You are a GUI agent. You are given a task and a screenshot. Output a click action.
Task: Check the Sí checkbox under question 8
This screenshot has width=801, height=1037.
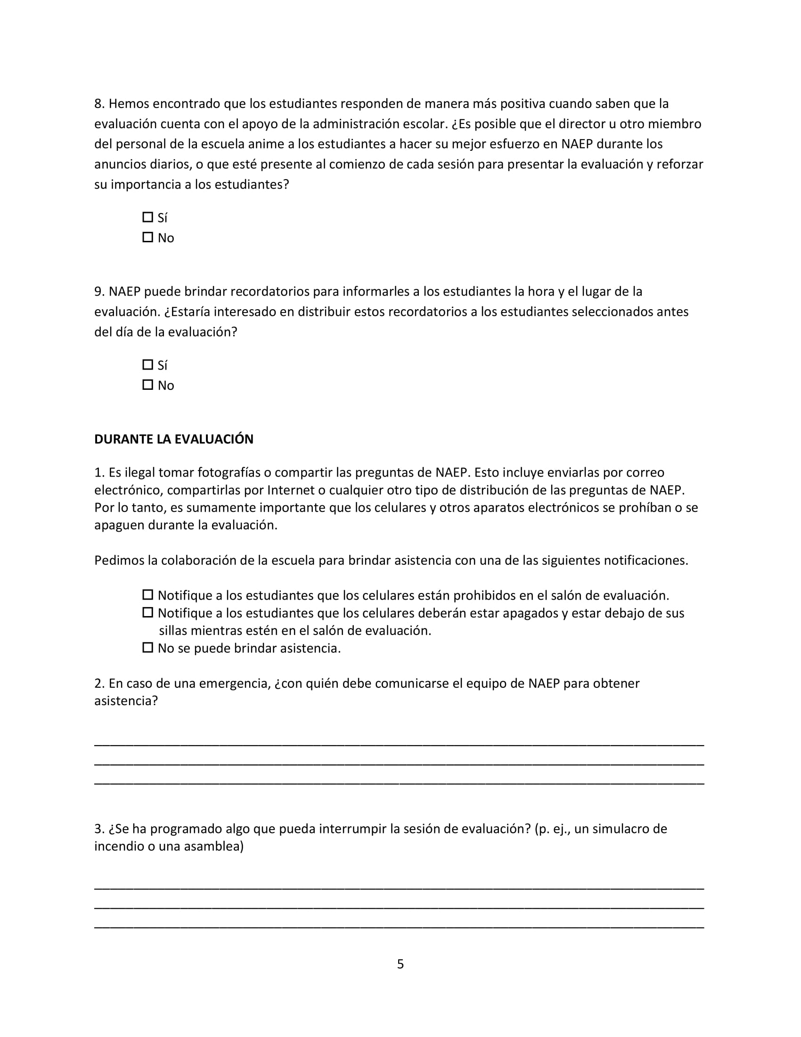pos(147,217)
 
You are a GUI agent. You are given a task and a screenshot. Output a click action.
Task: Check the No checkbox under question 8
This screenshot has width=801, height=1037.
pos(147,237)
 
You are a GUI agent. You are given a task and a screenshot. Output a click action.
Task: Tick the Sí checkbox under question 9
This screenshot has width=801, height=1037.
pos(147,365)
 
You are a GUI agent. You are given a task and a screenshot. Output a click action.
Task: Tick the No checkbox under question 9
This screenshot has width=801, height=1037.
pos(147,385)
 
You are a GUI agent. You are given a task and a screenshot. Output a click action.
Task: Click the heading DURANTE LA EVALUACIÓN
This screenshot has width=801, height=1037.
pos(174,439)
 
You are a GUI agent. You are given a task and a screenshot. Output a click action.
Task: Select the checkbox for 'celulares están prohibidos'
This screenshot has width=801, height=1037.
pos(147,594)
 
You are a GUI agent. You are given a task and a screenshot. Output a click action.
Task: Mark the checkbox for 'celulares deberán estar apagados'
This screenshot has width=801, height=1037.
pos(147,612)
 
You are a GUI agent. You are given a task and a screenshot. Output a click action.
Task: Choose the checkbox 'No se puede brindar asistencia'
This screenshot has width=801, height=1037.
pos(147,647)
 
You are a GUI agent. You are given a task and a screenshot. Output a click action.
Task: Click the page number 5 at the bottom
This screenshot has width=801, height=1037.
pos(400,964)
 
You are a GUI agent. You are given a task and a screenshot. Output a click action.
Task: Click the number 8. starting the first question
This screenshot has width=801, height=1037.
pos(99,104)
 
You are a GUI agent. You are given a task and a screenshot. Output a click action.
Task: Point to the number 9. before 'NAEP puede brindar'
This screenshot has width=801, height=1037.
pos(99,291)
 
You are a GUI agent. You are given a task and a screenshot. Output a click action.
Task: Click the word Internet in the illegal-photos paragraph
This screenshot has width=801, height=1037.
pos(291,490)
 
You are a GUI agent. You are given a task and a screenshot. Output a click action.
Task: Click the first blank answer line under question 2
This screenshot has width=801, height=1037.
pos(399,744)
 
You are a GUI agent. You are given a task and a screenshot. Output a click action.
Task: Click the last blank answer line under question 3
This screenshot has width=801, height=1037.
pos(399,926)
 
